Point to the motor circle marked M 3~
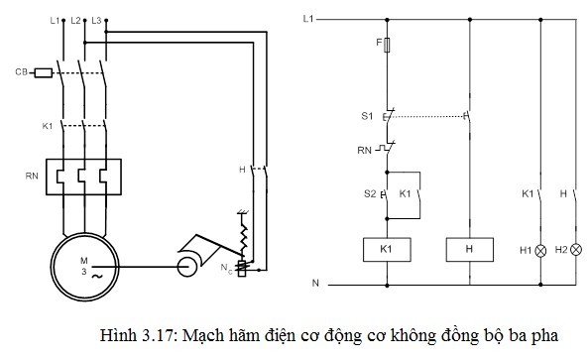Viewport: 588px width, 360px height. point(85,265)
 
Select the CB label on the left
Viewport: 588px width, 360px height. point(20,72)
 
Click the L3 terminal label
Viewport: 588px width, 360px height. point(96,20)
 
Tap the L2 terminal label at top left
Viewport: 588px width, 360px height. point(77,20)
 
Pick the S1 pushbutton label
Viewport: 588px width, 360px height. point(367,116)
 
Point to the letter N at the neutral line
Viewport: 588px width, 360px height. point(314,285)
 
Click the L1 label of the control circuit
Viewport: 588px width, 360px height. point(308,19)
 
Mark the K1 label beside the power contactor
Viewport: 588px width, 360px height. point(47,127)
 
